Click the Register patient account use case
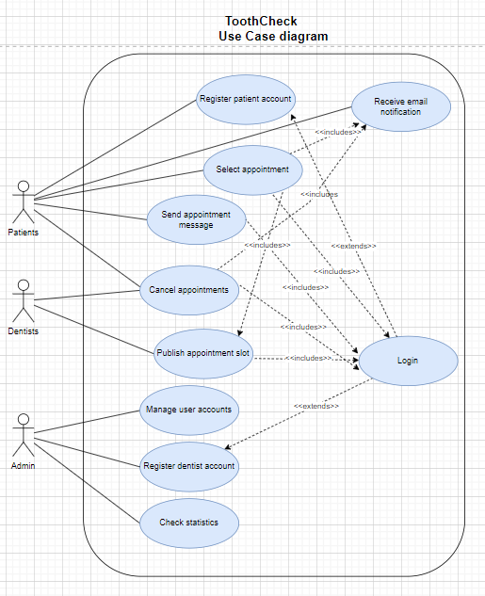(x=246, y=100)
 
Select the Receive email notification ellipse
(x=401, y=106)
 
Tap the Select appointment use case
(x=252, y=170)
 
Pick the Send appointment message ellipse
(x=196, y=219)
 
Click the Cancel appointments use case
(x=189, y=290)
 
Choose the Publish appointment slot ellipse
(x=203, y=354)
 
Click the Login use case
(x=408, y=361)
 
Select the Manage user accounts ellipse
(x=189, y=411)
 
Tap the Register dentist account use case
(x=189, y=467)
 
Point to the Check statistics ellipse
(x=189, y=524)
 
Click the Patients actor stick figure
(x=24, y=201)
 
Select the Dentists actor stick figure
(x=24, y=300)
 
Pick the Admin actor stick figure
(x=24, y=435)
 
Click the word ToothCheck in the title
(x=261, y=22)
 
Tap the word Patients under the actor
(x=24, y=233)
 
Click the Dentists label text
(x=24, y=331)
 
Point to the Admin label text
(x=24, y=466)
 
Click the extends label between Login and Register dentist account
(x=316, y=406)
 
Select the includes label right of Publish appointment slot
(x=309, y=358)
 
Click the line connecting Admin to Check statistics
(x=87, y=483)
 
